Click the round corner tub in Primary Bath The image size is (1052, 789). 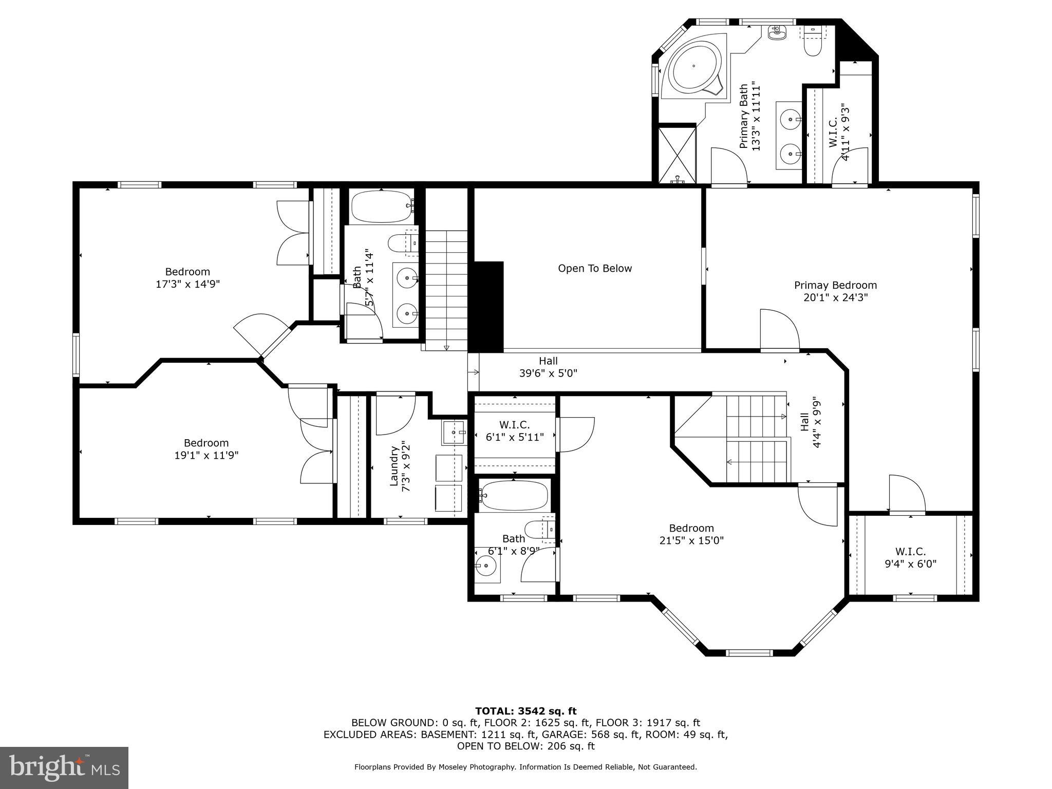693,66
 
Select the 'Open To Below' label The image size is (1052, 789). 595,269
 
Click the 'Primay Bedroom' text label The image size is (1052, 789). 835,286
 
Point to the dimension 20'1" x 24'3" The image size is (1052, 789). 835,297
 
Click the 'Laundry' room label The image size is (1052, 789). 394,465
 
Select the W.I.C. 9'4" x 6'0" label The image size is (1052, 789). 910,557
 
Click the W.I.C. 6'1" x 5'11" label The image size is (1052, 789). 514,431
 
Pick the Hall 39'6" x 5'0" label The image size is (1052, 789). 548,367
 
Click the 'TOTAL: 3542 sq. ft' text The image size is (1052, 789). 525,711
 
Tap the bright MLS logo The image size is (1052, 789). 64,767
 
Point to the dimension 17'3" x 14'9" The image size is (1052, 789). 187,284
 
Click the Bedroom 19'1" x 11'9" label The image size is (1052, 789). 206,449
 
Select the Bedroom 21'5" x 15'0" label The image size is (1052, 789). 691,534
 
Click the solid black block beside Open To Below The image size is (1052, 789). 487,307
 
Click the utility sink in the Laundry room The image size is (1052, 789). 453,433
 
